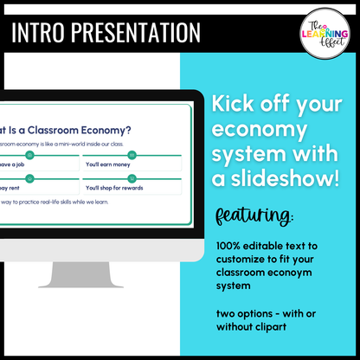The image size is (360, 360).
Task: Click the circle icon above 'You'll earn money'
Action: [x=130, y=155]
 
